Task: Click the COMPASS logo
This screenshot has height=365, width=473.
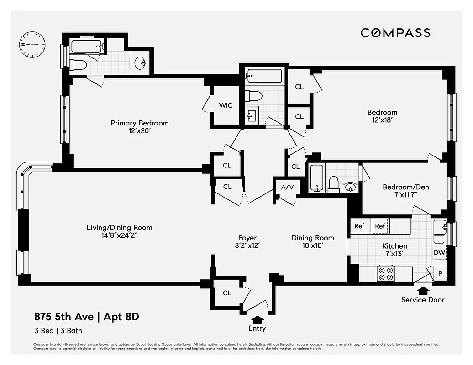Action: point(395,33)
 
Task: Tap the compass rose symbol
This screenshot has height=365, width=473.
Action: point(32,45)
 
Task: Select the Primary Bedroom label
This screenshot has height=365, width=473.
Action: point(139,123)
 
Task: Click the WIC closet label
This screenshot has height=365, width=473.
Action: point(226,105)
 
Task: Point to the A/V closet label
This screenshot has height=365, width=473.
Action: point(287,187)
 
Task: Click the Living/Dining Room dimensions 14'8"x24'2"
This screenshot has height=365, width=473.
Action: point(120,236)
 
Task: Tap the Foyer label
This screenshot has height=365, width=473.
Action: point(247,238)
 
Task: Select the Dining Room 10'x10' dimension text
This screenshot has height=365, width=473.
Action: point(313,246)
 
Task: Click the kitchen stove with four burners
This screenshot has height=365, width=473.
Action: point(386,273)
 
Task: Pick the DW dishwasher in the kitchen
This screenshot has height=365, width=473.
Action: point(439,252)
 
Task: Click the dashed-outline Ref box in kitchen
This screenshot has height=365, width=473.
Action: point(380,226)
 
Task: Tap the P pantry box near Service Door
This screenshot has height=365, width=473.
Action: point(441,273)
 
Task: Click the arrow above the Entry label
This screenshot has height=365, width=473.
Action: point(258,319)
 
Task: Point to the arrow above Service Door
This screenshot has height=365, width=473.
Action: point(422,290)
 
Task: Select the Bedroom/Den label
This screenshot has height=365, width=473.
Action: point(405,187)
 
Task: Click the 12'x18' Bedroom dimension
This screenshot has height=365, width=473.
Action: point(382,120)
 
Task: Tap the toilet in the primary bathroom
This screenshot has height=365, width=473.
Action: point(79,65)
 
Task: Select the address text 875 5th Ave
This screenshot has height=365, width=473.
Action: point(63,317)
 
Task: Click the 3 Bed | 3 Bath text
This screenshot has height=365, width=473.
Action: point(58,331)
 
